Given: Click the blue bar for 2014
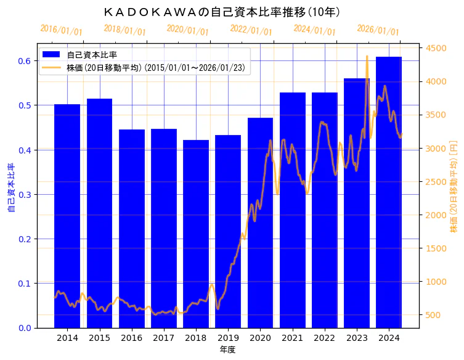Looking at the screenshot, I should pos(67,216).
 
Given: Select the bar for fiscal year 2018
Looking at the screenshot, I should pos(196,234).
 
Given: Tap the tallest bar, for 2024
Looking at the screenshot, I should pos(389,191).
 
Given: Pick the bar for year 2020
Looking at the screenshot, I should pos(260,222).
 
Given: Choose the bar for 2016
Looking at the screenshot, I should pos(131,228).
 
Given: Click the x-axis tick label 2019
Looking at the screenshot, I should pos(228,338).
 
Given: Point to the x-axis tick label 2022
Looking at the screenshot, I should pos(325,338).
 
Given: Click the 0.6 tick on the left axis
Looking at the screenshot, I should pos(25,61).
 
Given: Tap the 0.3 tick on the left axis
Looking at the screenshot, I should pos(25,195).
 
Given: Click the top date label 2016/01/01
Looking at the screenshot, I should pos(61,30).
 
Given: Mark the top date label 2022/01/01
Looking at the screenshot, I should pos(251,30).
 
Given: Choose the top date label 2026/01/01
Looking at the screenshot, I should pos(378,30).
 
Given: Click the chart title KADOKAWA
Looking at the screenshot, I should pos(222,12).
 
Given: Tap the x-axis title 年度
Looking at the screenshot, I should pos(227,350).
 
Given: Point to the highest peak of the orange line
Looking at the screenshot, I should pos(367,57).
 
